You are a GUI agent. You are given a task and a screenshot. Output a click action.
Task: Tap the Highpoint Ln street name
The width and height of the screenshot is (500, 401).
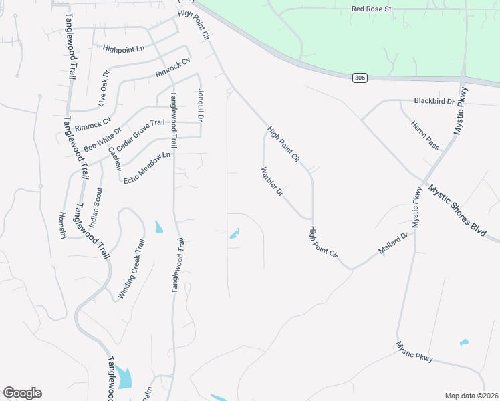pos(124,49)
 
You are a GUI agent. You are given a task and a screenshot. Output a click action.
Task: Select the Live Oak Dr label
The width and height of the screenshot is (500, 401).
pos(103,88)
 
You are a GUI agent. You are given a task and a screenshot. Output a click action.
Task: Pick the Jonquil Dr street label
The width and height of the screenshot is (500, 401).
pos(199,106)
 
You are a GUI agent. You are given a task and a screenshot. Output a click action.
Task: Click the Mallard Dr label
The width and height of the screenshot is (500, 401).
pos(393,244)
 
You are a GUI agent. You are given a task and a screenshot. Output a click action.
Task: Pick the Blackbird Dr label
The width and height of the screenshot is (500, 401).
pos(434,101)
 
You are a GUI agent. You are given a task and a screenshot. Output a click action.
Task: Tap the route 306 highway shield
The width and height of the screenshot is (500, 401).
pos(360,78)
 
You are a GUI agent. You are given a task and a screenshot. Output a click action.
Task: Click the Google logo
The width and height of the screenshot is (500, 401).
pos(22,393)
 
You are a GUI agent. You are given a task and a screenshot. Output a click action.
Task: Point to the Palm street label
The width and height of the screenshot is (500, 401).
pos(147,394)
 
